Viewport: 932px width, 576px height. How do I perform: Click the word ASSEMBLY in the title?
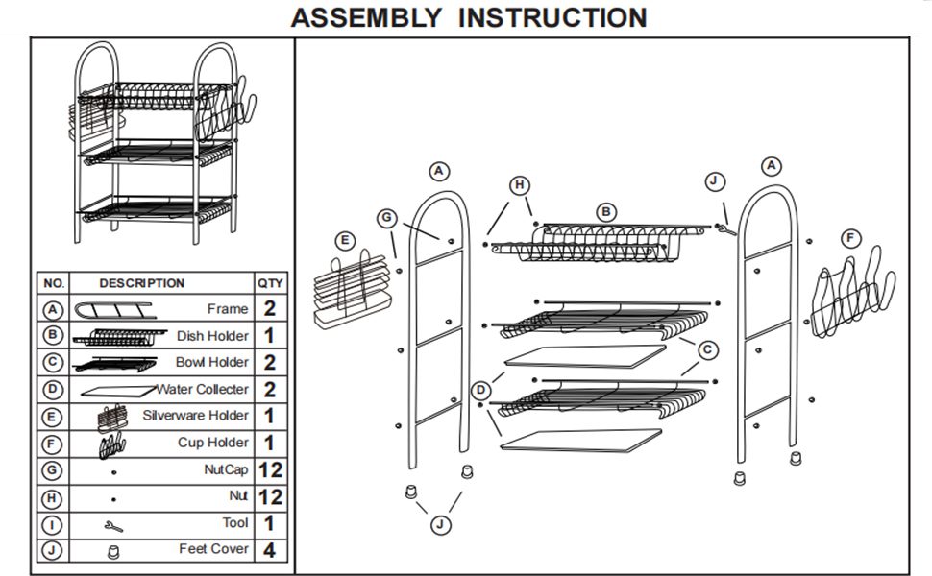(366, 17)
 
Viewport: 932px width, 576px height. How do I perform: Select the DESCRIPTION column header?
(141, 283)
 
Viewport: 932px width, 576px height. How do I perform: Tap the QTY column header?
(269, 283)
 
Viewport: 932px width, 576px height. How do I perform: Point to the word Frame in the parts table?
(228, 309)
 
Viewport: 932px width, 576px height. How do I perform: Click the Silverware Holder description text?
(195, 416)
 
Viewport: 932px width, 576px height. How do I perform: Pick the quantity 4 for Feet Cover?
(269, 550)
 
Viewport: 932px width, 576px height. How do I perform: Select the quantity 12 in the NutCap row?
(269, 470)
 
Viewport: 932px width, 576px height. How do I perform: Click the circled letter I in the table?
(54, 524)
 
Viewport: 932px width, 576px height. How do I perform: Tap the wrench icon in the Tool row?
(113, 526)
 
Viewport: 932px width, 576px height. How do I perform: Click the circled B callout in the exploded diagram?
(605, 211)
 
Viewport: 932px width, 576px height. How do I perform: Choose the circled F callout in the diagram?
(849, 238)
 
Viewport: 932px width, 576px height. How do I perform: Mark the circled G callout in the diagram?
(387, 219)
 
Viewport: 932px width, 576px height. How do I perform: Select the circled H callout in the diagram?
(520, 185)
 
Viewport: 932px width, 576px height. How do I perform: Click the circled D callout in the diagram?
(481, 390)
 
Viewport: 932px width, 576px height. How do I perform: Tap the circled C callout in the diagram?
(707, 350)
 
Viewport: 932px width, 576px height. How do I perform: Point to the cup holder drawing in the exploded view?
(852, 292)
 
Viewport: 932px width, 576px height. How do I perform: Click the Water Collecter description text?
(203, 389)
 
